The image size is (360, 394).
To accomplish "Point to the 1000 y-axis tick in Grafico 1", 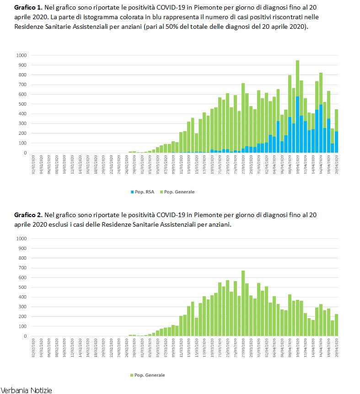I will pyautogui.click(x=22, y=55).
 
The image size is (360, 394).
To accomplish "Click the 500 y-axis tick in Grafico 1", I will pyautogui.click(x=23, y=104).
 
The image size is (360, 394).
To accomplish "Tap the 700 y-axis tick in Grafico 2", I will pyautogui.click(x=23, y=268).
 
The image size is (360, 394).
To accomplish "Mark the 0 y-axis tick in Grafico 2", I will pyautogui.click(x=26, y=336).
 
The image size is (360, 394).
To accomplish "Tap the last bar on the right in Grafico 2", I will pyautogui.click(x=336, y=325).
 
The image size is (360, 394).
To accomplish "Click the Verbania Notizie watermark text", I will pyautogui.click(x=27, y=390).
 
